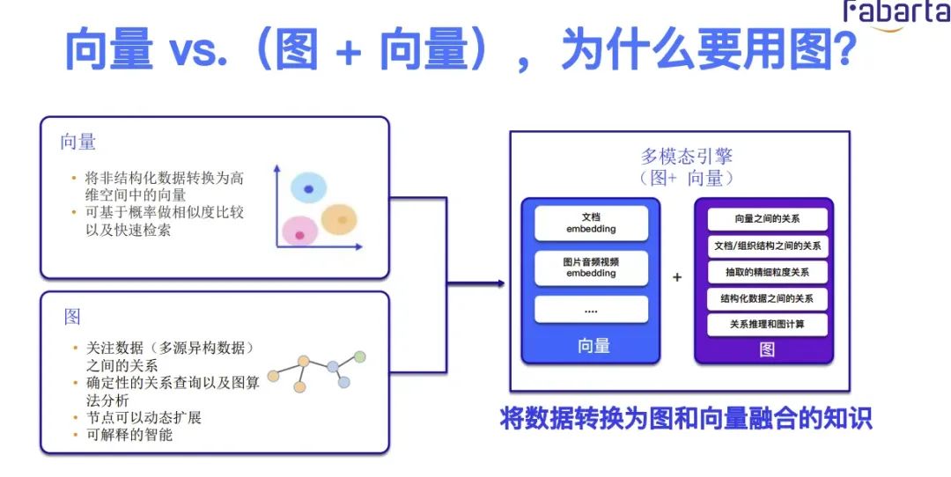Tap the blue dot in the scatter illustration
[308, 188]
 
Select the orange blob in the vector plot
[338, 220]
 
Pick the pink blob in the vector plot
[299, 233]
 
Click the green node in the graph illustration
[359, 356]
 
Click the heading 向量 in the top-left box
[78, 142]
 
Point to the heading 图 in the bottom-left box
[71, 316]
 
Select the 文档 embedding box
[591, 223]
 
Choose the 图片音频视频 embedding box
[591, 268]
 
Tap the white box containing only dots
[591, 310]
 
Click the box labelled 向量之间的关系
[768, 219]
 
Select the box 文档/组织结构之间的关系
[768, 246]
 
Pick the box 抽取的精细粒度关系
[768, 272]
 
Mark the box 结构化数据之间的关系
[768, 297]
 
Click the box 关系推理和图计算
[768, 324]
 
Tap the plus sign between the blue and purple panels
[677, 277]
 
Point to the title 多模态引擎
[687, 158]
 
